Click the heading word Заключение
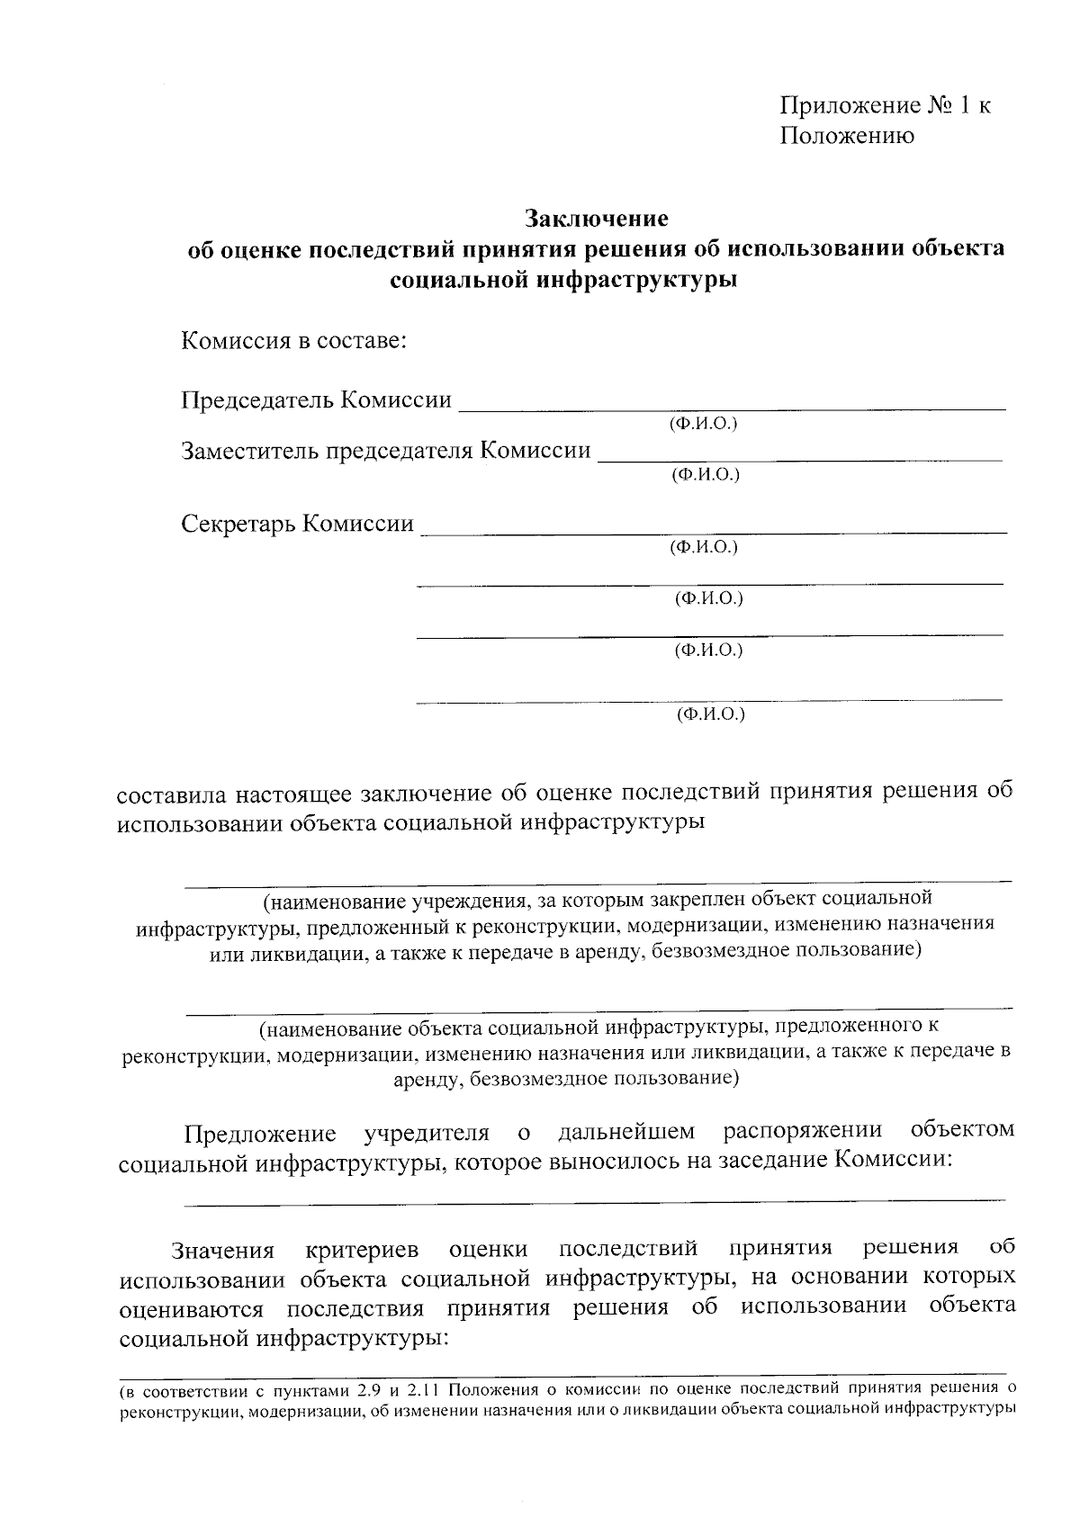pos(597,219)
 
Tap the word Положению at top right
pos(846,137)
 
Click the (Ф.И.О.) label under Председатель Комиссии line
pos(703,423)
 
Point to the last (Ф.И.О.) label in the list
pos(710,714)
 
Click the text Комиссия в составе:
pos(294,342)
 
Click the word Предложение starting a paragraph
pos(260,1132)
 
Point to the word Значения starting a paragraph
pos(223,1251)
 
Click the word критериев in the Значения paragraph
pos(362,1251)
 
